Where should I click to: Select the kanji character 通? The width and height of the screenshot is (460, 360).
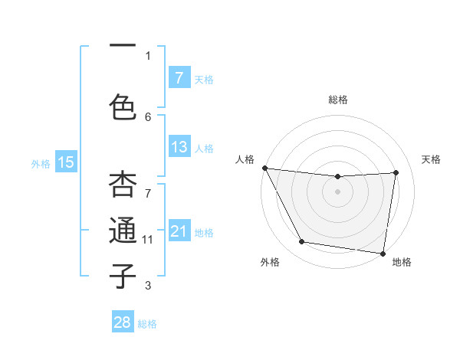[123, 231]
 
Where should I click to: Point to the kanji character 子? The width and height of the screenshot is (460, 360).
[123, 276]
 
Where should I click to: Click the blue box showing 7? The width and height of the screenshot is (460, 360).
[179, 77]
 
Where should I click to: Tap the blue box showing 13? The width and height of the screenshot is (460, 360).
[179, 147]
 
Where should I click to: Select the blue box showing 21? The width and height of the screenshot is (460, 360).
[179, 231]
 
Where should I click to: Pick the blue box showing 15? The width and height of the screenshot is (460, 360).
[66, 162]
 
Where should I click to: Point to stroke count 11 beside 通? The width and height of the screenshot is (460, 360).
[148, 240]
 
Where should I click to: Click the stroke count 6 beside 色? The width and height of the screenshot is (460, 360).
[148, 116]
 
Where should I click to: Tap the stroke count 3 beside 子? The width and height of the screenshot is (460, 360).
[148, 286]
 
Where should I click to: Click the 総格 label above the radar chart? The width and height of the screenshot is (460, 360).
[338, 100]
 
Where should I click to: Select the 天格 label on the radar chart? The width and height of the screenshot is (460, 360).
[431, 159]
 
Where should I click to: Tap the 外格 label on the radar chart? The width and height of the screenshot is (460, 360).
[270, 262]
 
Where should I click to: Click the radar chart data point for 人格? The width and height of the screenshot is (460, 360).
[264, 168]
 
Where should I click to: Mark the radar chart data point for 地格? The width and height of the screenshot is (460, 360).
[383, 253]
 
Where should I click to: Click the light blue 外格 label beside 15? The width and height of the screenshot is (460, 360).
[41, 163]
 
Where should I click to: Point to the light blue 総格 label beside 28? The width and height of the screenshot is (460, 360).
[147, 324]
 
